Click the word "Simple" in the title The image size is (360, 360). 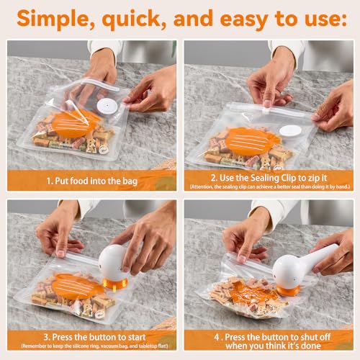tap(52, 19)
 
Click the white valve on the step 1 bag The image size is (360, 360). tap(107, 106)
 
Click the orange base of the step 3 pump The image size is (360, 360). tap(114, 283)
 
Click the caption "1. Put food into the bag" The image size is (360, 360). tap(92, 181)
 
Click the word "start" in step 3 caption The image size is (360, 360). tap(135, 337)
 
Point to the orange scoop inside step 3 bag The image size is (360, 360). tap(77, 287)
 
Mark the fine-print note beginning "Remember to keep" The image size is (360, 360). tap(94, 346)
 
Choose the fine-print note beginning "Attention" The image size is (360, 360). tap(269, 186)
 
